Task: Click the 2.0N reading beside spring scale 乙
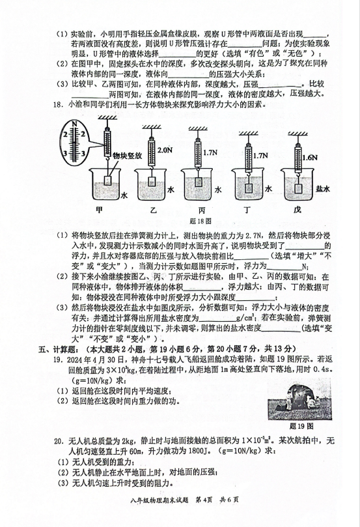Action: click(x=165, y=150)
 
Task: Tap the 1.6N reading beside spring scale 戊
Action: click(x=310, y=158)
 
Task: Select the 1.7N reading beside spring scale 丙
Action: click(x=210, y=152)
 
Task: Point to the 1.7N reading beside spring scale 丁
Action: click(x=260, y=156)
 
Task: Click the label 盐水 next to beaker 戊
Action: click(x=323, y=189)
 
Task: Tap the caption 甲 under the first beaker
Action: click(x=99, y=210)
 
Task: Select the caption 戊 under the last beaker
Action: click(x=298, y=210)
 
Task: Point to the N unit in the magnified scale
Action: click(x=75, y=124)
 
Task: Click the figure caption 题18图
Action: click(x=201, y=221)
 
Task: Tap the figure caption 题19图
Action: click(x=301, y=426)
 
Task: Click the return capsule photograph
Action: click(x=299, y=399)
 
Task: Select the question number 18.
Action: click(x=58, y=104)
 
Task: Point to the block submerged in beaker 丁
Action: click(x=249, y=188)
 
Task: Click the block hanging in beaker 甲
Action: click(x=108, y=180)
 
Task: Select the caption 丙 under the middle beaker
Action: click(x=202, y=210)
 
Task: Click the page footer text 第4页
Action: click(x=204, y=500)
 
